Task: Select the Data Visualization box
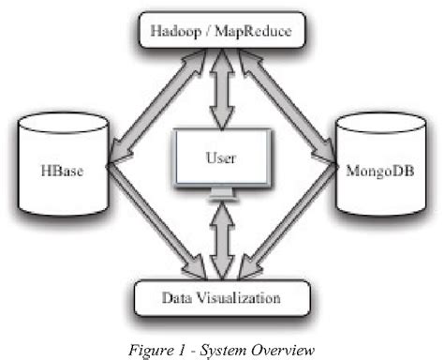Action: point(221,300)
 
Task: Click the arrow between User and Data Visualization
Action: point(222,242)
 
